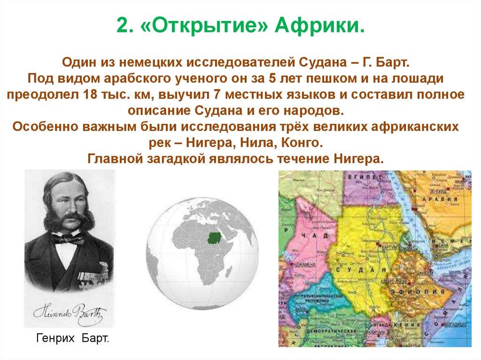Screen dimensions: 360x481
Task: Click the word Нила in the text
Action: [259, 142]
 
